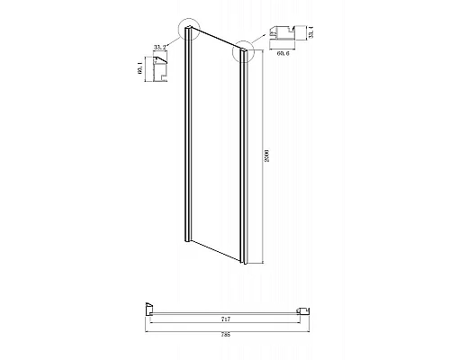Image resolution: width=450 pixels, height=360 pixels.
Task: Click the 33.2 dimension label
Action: click(x=162, y=51)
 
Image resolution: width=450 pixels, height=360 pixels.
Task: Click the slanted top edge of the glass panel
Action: click(x=216, y=40)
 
